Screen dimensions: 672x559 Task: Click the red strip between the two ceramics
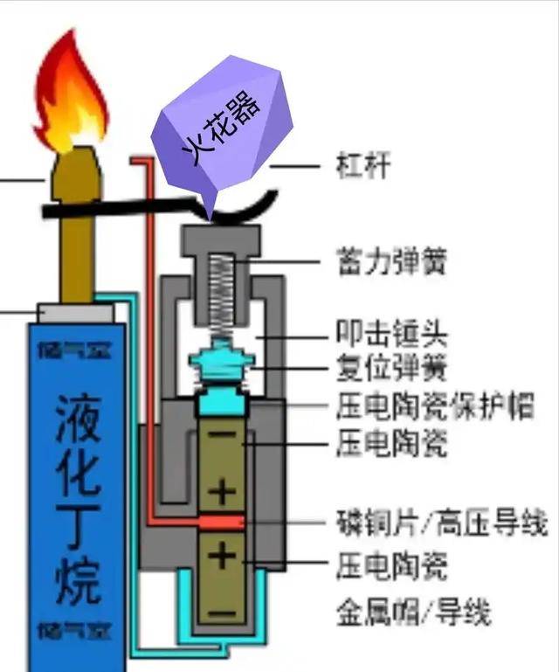click(223, 523)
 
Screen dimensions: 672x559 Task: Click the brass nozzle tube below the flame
click(77, 236)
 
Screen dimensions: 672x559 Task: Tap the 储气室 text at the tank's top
click(77, 350)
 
